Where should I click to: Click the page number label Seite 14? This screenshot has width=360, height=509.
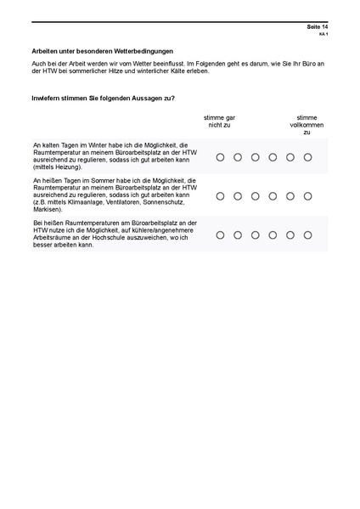[x=317, y=27]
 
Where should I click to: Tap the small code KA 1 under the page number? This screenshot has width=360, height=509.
[x=323, y=35]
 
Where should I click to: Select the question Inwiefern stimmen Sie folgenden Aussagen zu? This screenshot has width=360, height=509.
[x=103, y=99]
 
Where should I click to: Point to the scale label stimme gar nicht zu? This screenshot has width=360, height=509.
[x=219, y=122]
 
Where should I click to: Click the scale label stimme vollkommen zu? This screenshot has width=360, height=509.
[x=307, y=125]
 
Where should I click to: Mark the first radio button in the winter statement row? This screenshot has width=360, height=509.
[x=220, y=157]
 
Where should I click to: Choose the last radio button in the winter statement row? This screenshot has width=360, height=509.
[x=307, y=157]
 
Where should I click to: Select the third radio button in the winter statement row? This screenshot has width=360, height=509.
[x=255, y=157]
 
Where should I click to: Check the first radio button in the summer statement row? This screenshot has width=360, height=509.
[x=220, y=195]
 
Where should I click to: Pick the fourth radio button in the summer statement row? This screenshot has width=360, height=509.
[x=273, y=195]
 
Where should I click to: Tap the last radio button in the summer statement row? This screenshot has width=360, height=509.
[x=307, y=195]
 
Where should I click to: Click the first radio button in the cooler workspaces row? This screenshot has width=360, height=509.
[x=220, y=234]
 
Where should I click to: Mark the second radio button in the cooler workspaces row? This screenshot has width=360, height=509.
[x=238, y=234]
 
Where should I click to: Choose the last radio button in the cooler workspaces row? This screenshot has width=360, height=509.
[x=307, y=234]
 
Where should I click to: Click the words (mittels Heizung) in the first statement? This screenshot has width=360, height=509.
[x=55, y=167]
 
